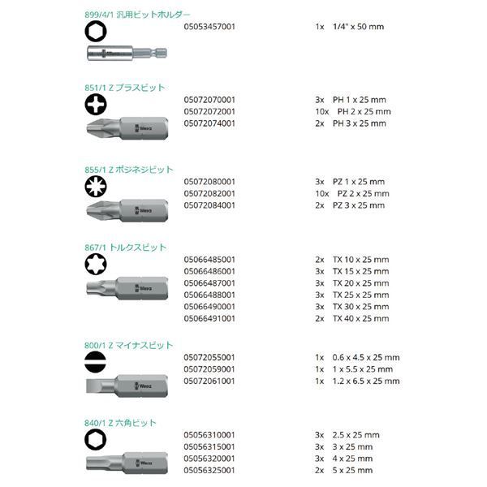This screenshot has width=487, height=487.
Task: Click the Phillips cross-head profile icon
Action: pos(95,104)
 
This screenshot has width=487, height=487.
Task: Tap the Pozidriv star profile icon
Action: pos(95,184)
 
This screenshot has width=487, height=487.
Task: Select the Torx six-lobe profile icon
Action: pos(95,262)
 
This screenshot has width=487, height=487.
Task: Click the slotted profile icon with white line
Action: pos(95,360)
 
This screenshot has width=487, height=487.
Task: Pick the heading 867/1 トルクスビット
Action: pos(125,247)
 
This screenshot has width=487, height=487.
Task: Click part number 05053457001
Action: pos(210,27)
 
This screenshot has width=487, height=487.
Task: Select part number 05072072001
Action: pos(210,111)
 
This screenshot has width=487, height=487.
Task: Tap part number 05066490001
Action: pos(210,307)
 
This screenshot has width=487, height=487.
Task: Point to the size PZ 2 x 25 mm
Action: pos(363,194)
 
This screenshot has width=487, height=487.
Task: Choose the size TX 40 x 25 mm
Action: pos(360,319)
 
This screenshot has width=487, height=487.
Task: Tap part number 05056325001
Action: pos(210,470)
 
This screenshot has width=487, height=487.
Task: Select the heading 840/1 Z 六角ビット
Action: pos(121,423)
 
